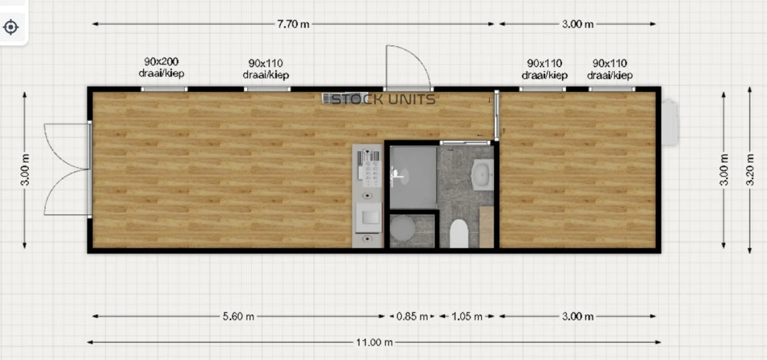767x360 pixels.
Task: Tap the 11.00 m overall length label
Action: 374,342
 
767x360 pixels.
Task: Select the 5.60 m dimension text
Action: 238,316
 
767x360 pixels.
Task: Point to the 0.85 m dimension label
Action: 412,316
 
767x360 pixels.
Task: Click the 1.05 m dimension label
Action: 467,316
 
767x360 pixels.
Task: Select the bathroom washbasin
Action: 483,175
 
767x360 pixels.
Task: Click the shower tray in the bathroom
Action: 413,177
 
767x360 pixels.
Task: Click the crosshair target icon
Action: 11,27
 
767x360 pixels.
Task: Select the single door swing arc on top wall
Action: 409,65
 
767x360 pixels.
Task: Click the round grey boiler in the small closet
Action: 402,229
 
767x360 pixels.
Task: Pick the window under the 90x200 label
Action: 164,89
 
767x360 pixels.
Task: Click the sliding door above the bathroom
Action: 465,142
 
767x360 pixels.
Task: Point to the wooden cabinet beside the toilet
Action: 486,227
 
